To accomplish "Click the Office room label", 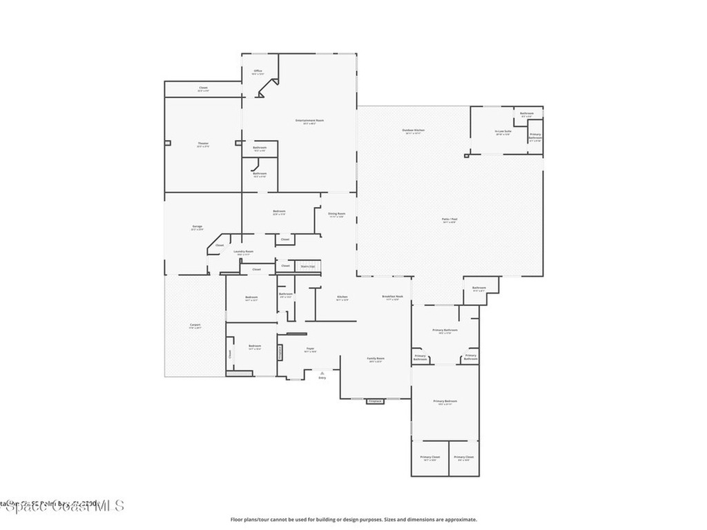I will point(258,71).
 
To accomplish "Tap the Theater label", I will point(203,144).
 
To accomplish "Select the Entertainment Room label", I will point(310,121).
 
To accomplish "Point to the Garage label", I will point(197,227).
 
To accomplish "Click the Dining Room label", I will point(336,215).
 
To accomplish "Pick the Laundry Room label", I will point(244,253).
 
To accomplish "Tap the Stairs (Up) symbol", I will point(307,266).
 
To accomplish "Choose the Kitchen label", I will point(342,297).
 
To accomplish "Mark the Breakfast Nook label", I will point(393,297).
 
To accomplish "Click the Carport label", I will point(195,325).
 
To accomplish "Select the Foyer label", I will point(311,349).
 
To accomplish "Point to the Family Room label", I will point(376,359).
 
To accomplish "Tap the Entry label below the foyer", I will point(322,377).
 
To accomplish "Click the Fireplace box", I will point(375,401).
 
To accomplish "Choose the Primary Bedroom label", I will point(445,402).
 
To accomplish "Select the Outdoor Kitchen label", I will point(414,130).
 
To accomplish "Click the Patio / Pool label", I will point(449,220).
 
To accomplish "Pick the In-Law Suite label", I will point(503,131).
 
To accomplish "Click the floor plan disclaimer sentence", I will point(353,520).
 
